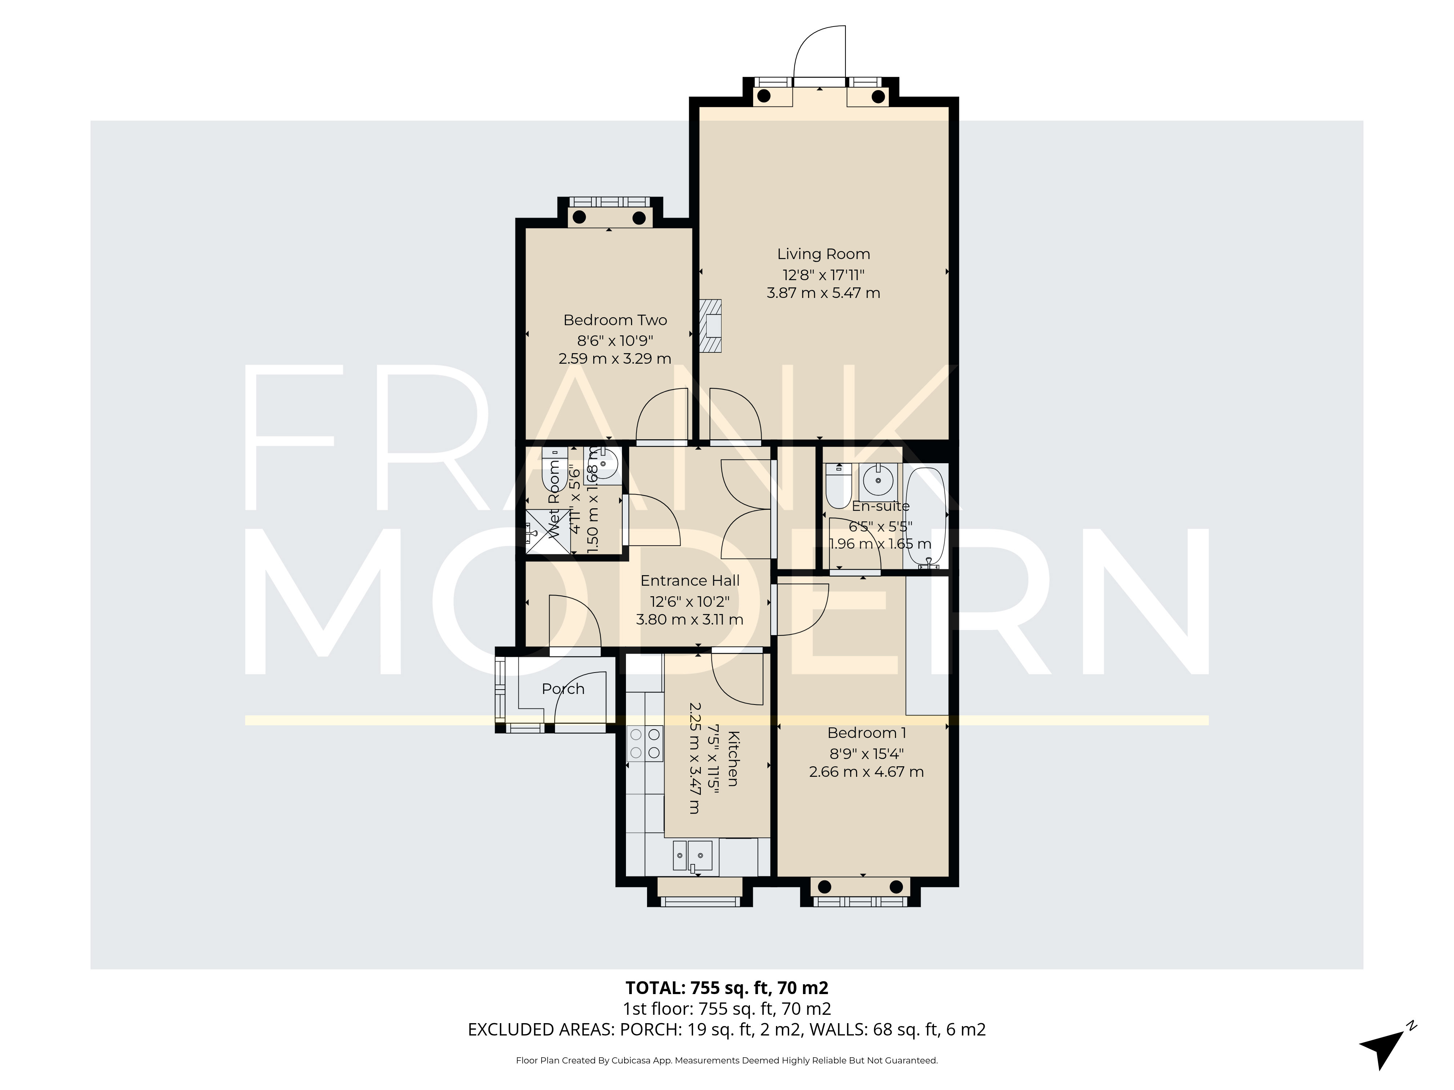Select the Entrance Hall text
(x=690, y=581)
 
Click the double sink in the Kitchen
(x=691, y=856)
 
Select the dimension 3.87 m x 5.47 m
(x=823, y=293)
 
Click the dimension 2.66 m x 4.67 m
(x=866, y=772)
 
